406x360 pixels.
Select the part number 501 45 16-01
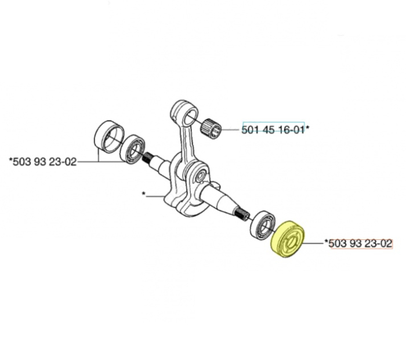[273, 130]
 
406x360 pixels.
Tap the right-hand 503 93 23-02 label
[360, 243]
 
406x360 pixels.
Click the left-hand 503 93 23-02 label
[43, 162]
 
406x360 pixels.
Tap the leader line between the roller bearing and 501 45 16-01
[232, 130]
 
